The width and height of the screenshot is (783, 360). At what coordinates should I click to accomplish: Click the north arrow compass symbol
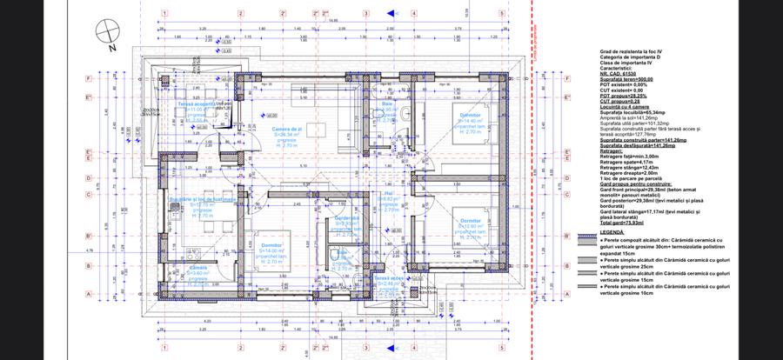(106, 32)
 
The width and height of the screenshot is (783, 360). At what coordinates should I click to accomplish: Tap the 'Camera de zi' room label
(286, 129)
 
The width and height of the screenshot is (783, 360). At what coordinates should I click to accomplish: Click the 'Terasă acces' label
(384, 278)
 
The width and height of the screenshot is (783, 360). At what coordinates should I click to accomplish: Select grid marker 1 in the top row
(163, 14)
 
